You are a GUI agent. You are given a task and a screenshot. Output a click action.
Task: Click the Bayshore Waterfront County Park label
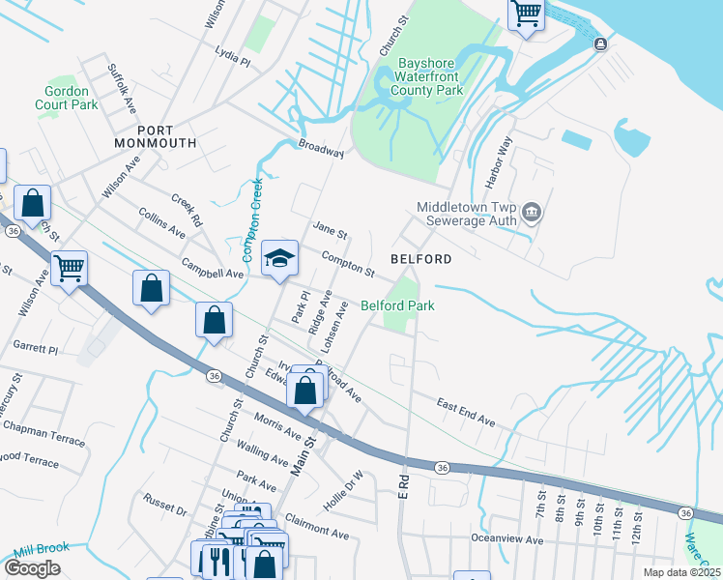[x=431, y=77]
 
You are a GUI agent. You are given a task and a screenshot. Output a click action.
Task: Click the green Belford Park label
[x=397, y=305]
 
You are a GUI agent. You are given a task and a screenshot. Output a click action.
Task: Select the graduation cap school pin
[x=279, y=258]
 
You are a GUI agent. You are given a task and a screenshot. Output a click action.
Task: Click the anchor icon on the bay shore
[x=601, y=43]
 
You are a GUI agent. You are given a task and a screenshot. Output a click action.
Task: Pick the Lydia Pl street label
[x=232, y=61]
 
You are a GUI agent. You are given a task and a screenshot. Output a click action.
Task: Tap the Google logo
[x=32, y=567]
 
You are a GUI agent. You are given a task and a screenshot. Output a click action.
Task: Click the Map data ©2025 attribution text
[x=680, y=572]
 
